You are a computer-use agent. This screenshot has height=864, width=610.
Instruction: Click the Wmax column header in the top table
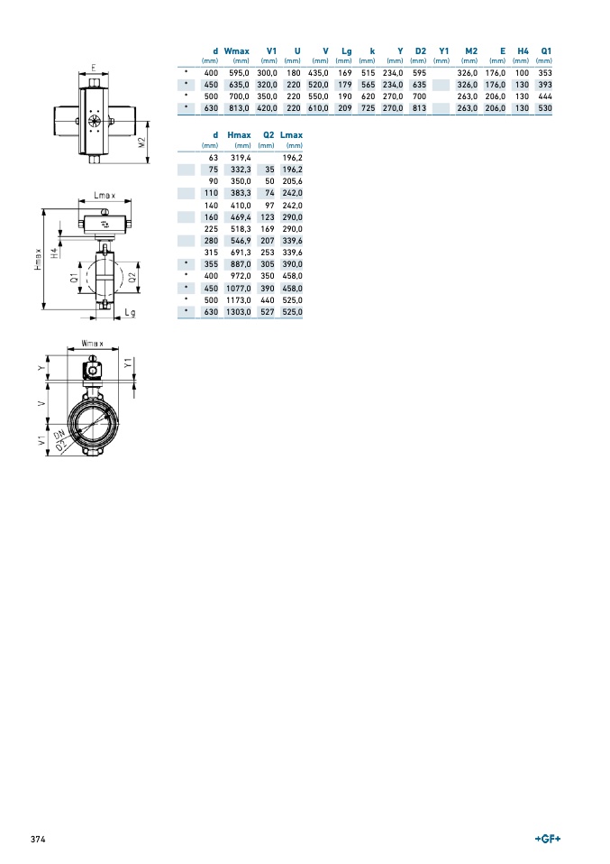click(236, 51)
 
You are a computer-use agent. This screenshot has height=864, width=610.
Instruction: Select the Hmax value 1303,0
click(239, 312)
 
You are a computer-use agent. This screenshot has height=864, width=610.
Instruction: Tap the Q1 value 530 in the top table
click(545, 108)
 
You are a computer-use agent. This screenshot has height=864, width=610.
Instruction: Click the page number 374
click(38, 840)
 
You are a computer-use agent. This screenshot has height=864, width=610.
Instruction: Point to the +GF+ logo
click(548, 839)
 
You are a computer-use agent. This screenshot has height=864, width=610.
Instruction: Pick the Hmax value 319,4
click(241, 158)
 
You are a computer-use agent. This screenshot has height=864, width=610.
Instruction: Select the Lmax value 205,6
click(292, 181)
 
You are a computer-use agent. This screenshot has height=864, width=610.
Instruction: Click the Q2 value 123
click(268, 217)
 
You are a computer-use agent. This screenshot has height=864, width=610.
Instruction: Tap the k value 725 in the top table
click(368, 108)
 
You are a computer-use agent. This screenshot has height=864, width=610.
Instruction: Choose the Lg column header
click(346, 51)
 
